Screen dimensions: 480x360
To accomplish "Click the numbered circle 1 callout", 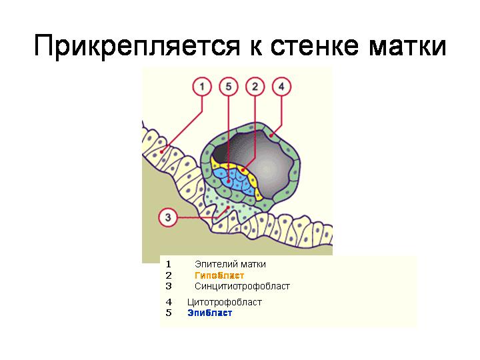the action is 202,87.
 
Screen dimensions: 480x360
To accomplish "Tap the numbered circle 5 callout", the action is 229,87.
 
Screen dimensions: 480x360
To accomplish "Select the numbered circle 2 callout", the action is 255,87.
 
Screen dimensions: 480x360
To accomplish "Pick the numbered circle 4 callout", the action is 281,87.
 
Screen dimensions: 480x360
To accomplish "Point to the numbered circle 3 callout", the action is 168,217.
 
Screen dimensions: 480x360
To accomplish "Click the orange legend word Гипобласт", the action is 219,275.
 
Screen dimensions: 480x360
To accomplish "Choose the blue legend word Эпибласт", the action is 210,313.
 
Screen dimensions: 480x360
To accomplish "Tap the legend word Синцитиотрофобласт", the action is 242,286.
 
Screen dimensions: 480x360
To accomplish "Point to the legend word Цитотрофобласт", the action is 225,302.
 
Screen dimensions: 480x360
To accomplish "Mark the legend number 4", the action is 169,302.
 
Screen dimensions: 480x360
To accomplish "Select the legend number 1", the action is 169,264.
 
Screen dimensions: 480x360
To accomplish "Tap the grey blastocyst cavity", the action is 264,165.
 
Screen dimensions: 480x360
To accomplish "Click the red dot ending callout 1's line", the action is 162,151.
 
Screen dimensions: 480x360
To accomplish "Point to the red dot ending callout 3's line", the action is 228,208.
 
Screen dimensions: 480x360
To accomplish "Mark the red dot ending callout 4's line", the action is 271,135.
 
